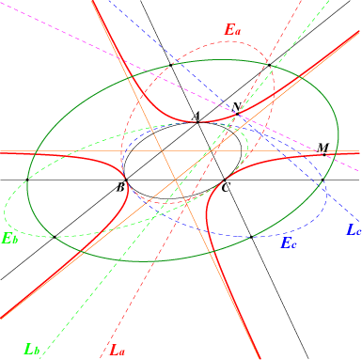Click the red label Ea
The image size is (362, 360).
(x=232, y=30)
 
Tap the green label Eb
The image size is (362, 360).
(x=9, y=239)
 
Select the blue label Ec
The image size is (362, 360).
(x=289, y=243)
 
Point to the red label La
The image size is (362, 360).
(x=118, y=350)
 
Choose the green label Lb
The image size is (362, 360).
(x=32, y=350)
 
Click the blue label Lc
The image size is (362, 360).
(x=354, y=229)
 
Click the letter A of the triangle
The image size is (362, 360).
(x=196, y=117)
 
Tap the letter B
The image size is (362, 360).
(x=120, y=188)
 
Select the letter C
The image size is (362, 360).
(x=226, y=188)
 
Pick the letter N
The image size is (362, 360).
(x=236, y=107)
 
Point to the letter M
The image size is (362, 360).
(x=323, y=148)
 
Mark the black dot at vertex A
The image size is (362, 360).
(x=197, y=122)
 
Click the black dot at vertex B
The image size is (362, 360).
(x=126, y=180)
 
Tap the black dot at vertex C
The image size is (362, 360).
(x=225, y=180)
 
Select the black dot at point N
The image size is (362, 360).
(x=238, y=114)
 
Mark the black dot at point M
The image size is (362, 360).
(x=324, y=154)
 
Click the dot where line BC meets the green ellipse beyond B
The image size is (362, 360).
(x=27, y=180)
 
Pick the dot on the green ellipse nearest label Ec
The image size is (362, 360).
(x=251, y=237)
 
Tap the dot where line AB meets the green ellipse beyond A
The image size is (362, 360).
(x=269, y=65)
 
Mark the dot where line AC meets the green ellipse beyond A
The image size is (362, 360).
(x=171, y=65)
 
